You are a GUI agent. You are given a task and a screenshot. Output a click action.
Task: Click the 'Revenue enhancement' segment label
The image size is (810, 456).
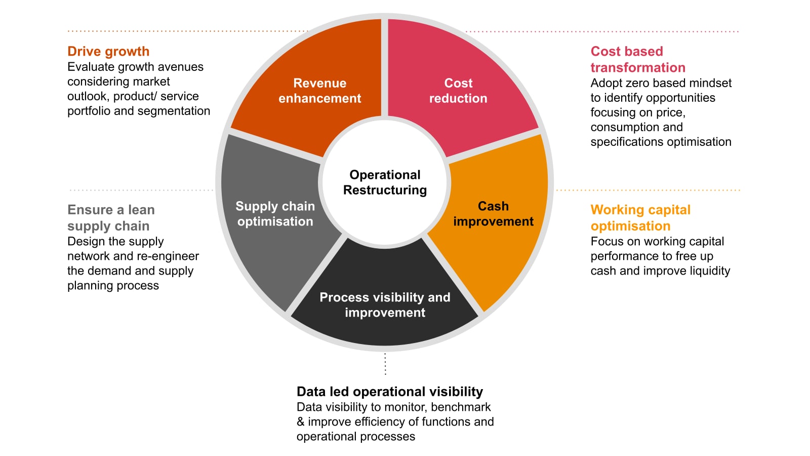click(x=319, y=91)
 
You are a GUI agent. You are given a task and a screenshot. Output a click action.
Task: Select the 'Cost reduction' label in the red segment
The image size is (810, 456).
click(x=458, y=91)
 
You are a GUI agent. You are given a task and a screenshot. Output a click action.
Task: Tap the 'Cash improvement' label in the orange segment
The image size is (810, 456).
click(x=493, y=213)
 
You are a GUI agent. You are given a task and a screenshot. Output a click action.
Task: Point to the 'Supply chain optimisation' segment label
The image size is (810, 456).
click(x=275, y=213)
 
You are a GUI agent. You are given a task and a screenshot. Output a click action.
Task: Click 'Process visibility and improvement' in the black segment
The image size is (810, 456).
click(x=385, y=305)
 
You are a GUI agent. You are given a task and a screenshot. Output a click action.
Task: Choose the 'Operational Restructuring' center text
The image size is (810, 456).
click(x=385, y=182)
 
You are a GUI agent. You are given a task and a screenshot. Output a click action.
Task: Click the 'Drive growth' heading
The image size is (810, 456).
click(x=108, y=51)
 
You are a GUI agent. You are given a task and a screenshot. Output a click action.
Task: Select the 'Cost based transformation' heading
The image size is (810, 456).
click(x=638, y=59)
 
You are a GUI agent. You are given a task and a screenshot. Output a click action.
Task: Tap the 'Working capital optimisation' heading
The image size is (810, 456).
click(x=640, y=218)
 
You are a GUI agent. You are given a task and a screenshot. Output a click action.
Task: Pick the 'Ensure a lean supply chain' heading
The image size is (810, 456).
click(x=111, y=218)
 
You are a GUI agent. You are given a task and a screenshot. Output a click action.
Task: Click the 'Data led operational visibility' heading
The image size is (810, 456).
click(x=390, y=392)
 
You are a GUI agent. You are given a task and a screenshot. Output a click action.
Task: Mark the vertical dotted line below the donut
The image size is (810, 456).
click(x=385, y=364)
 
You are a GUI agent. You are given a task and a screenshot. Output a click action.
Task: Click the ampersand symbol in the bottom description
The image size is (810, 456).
click(x=301, y=422)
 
